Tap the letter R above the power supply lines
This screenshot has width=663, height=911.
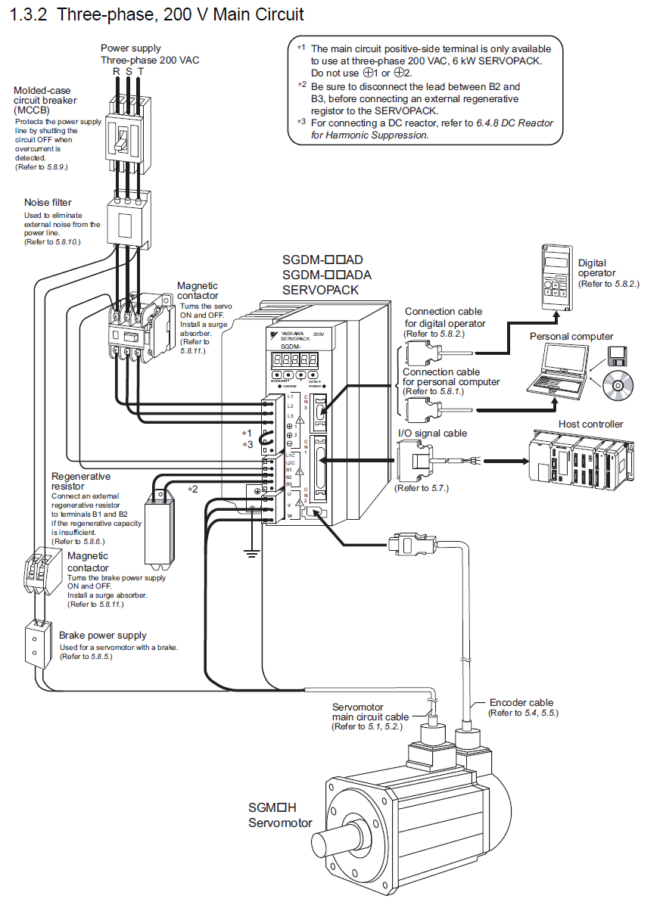[x=117, y=71]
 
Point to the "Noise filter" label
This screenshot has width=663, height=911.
[x=48, y=203]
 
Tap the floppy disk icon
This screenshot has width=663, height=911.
[x=615, y=354]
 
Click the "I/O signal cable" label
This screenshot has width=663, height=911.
[x=433, y=434]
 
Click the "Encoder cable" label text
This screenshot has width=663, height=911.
[x=521, y=703]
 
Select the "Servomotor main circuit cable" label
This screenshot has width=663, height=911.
[x=370, y=712]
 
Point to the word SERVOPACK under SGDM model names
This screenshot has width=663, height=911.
[x=320, y=290]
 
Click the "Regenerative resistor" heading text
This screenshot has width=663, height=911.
[x=80, y=481]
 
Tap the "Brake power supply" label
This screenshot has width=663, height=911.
[x=103, y=636]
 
